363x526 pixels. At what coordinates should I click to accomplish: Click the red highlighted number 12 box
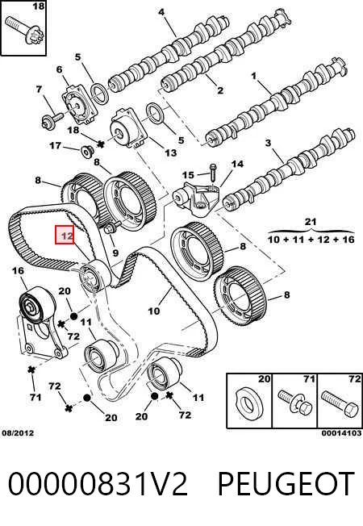pyautogui.click(x=65, y=235)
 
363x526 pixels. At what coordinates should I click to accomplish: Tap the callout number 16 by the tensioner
pyautogui.click(x=18, y=271)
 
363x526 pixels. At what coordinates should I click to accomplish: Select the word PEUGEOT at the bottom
pyautogui.click(x=286, y=483)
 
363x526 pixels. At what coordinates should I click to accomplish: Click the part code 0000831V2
pyautogui.click(x=98, y=483)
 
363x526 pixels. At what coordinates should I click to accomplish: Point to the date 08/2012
pyautogui.click(x=18, y=433)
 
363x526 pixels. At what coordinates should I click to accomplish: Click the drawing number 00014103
pyautogui.click(x=341, y=433)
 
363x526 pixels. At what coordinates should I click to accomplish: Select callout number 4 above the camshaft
pyautogui.click(x=161, y=12)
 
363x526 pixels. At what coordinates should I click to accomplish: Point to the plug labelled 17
pyautogui.click(x=88, y=152)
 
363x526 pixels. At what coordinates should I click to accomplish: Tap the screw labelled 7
pyautogui.click(x=52, y=119)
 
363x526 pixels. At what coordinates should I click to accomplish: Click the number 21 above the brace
pyautogui.click(x=310, y=222)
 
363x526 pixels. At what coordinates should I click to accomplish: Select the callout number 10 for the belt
pyautogui.click(x=154, y=311)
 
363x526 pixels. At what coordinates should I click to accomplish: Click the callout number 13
pyautogui.click(x=171, y=153)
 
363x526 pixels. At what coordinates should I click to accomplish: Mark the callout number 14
pyautogui.click(x=237, y=164)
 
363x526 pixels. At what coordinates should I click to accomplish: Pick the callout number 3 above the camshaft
pyautogui.click(x=268, y=143)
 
